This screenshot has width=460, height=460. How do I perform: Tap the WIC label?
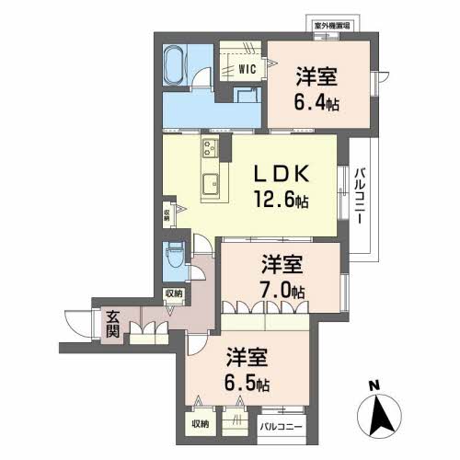click(x=247, y=69)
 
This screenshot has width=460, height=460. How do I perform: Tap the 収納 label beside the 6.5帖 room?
click(x=201, y=423)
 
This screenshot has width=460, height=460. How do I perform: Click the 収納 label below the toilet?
click(x=173, y=293)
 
